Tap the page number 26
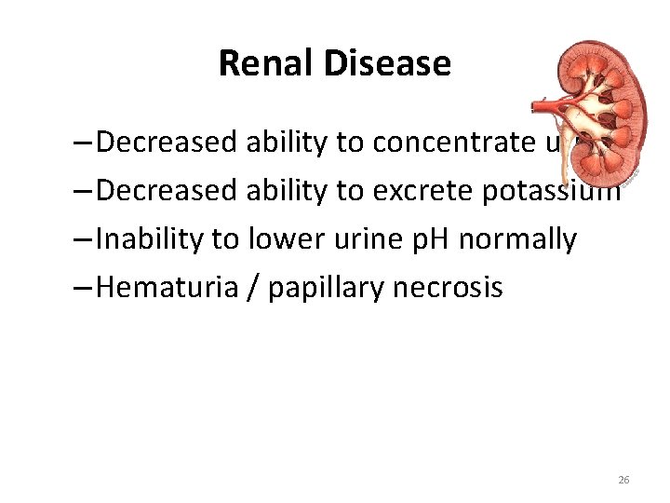pyautogui.click(x=623, y=480)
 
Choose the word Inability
pyautogui.click(x=150, y=239)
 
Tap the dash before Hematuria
pyautogui.click(x=82, y=288)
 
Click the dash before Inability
pyautogui.click(x=82, y=239)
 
